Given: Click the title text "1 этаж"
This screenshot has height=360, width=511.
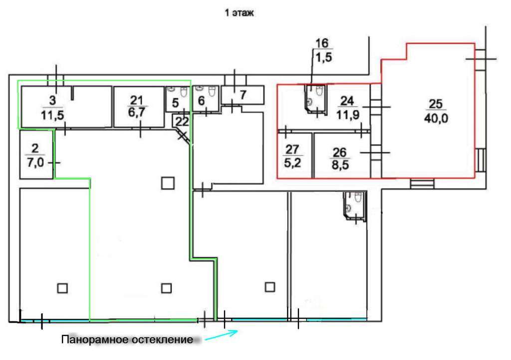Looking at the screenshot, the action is pos(239,13).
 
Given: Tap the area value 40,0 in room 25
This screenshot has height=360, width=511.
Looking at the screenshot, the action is pos(436,118).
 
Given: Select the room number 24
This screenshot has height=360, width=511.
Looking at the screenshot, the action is pos(347,101).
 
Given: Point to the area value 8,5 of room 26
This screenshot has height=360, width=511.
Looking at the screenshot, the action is pos(340,165).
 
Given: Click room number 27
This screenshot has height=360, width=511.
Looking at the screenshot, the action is pos(292,150).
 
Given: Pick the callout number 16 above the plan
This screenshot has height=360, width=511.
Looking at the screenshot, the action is pos(322,43).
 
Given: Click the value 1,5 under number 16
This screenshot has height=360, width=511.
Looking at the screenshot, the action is pos(323,57).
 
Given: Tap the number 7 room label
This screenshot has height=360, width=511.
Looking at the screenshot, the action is pos(243,95).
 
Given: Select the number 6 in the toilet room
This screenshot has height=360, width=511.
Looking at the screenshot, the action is pos(202,101).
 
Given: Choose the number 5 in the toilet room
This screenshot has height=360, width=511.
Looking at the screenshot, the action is pos(175,103).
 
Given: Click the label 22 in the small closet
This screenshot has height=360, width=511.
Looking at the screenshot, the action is pos(182,121).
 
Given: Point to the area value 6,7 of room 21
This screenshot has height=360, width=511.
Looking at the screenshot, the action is pos(137,113).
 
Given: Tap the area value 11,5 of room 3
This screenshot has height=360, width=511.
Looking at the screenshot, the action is pos(52,115).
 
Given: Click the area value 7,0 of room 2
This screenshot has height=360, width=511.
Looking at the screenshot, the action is pos(35,162).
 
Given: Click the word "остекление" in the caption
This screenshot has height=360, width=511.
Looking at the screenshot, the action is pos(163,340).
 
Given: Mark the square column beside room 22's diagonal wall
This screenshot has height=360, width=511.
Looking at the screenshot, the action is pos(168,183).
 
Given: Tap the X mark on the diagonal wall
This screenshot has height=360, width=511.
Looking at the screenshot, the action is pos(183,135).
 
